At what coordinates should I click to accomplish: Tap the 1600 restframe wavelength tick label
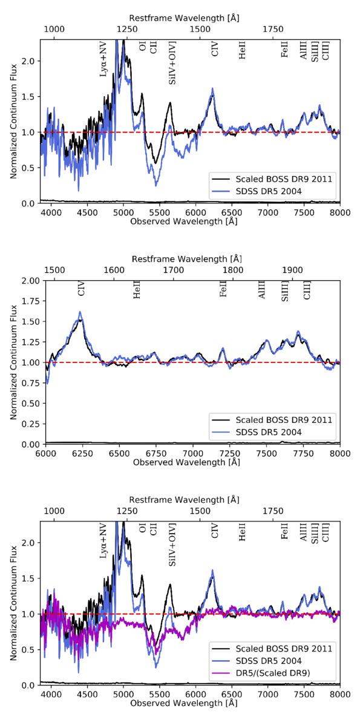tap(114, 269)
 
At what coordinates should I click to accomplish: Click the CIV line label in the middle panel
tap(82, 289)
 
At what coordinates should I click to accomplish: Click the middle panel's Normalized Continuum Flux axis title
tap(13, 362)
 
